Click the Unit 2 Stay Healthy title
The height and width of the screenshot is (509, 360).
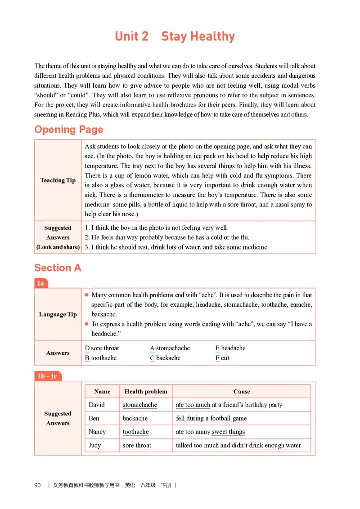pos(175,36)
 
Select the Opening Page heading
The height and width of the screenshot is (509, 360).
pos(69,129)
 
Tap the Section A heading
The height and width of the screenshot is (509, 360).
pos(58,268)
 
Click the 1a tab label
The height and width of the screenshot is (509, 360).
pos(40,283)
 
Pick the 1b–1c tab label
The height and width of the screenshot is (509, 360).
pos(47,376)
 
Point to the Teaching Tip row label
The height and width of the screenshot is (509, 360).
pos(58,180)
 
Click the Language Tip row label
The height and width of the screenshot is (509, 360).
pos(58,314)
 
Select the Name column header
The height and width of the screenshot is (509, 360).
pos(102,392)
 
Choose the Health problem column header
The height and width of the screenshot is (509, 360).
pos(145,392)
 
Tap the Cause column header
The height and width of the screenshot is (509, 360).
pos(242,392)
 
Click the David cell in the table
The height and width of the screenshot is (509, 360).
pos(97,405)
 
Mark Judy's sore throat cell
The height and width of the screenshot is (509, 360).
pos(137,446)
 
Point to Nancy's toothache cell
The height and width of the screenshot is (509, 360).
pos(135,432)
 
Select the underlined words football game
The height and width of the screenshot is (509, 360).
pos(229,418)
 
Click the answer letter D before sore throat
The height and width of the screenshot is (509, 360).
pos(87,348)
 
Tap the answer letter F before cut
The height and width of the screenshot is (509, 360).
pos(217,358)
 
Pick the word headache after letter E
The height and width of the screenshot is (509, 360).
pos(233,348)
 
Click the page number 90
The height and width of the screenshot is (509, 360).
pos(37,485)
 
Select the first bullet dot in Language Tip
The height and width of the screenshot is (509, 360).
pos(86,295)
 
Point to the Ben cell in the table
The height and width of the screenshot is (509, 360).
pos(94,418)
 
